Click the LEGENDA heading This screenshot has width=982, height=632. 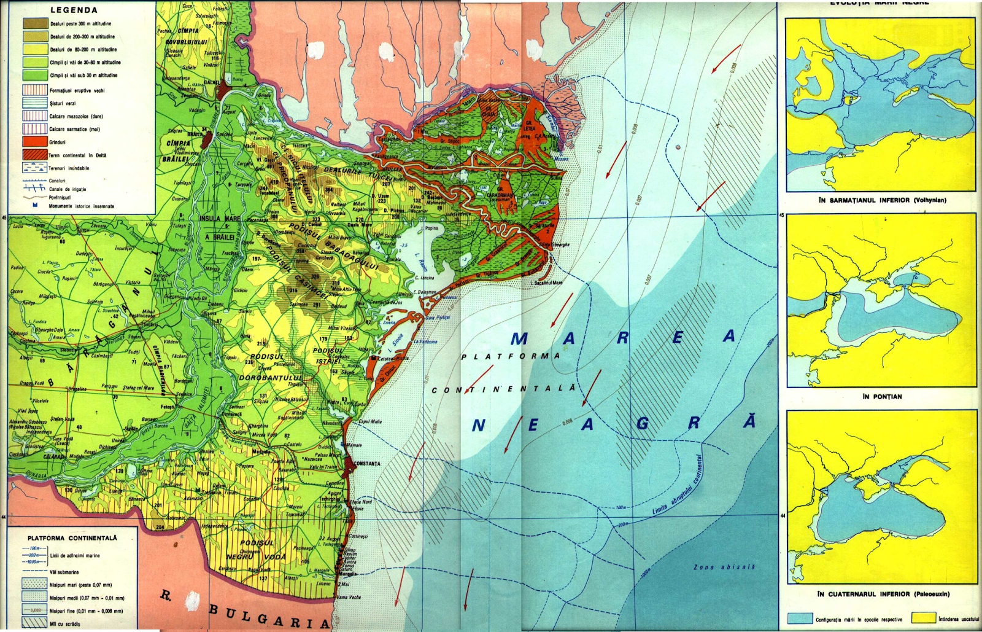click(74, 10)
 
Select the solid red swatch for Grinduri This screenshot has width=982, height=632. click(35, 142)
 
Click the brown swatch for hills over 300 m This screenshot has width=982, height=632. click(35, 23)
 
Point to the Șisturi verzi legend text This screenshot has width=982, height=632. click(63, 103)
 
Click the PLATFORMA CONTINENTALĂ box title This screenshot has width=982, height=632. click(72, 538)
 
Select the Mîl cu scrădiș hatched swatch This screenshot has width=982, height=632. click(34, 623)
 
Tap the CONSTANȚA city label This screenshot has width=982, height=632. click(367, 464)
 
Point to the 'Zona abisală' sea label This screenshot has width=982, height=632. click(716, 567)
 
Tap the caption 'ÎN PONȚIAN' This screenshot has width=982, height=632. click(882, 397)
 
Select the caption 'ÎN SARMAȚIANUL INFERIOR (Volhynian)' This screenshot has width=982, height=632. click(882, 200)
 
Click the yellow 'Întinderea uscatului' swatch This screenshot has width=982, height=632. click(923, 618)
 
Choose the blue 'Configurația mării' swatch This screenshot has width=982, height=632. click(800, 618)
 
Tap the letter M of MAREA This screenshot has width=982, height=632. click(519, 339)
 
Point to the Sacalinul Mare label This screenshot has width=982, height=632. click(547, 283)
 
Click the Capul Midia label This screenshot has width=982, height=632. click(369, 422)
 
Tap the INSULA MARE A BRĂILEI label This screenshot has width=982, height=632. click(220, 227)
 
